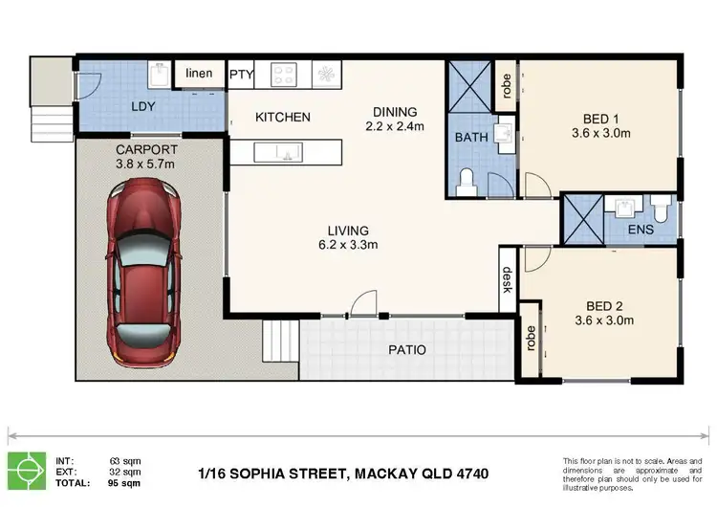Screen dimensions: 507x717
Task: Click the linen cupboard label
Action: tap(199, 74)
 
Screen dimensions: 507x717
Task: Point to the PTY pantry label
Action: tap(240, 74)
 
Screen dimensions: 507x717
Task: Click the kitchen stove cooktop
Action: tap(285, 74)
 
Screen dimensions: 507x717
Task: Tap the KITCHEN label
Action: tap(282, 117)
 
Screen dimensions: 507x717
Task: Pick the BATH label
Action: tap(471, 137)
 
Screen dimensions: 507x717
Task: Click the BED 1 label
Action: tap(600, 119)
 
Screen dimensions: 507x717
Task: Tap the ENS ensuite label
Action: tap(639, 231)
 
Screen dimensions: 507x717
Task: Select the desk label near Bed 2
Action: tap(508, 277)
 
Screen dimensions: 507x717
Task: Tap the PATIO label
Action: tap(407, 349)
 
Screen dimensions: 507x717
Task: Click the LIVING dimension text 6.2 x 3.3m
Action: tap(348, 245)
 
